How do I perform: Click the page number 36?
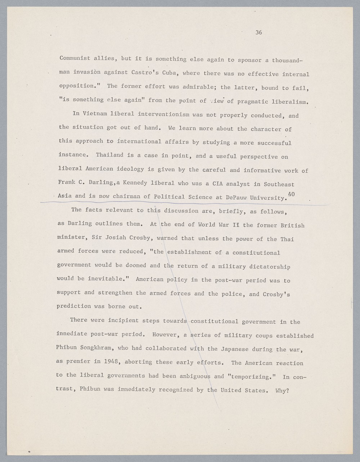click(258, 32)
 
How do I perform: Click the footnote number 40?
click(291, 194)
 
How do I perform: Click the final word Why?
click(282, 390)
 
